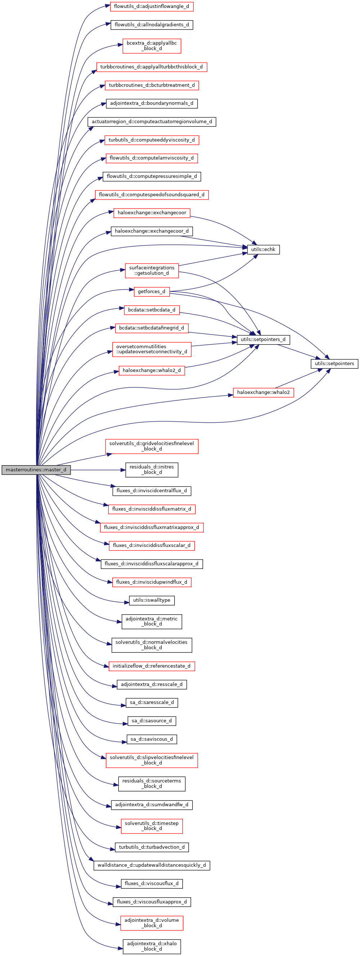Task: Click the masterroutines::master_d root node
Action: [36, 470]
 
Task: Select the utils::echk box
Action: [263, 250]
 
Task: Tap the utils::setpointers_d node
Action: [263, 340]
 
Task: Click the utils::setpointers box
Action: [334, 363]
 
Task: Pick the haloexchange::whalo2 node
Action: [263, 392]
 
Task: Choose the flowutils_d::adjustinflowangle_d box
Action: [152, 6]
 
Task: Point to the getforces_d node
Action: [152, 292]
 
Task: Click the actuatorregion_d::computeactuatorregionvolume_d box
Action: [152, 122]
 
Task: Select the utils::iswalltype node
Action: [152, 600]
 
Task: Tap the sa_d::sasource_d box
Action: [152, 721]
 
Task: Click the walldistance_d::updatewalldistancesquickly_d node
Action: [152, 865]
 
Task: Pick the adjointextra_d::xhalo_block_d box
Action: [152, 946]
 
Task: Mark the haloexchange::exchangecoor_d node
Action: [152, 231]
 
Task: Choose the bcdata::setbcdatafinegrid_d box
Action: [152, 328]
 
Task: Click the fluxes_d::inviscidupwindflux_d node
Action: [152, 582]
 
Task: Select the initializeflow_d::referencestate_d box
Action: [152, 666]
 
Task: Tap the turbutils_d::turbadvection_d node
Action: [152, 847]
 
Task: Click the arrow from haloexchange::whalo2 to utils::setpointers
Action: [297, 378]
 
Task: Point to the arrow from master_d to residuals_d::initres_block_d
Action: [96, 470]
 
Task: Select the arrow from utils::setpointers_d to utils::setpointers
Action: [297, 351]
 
